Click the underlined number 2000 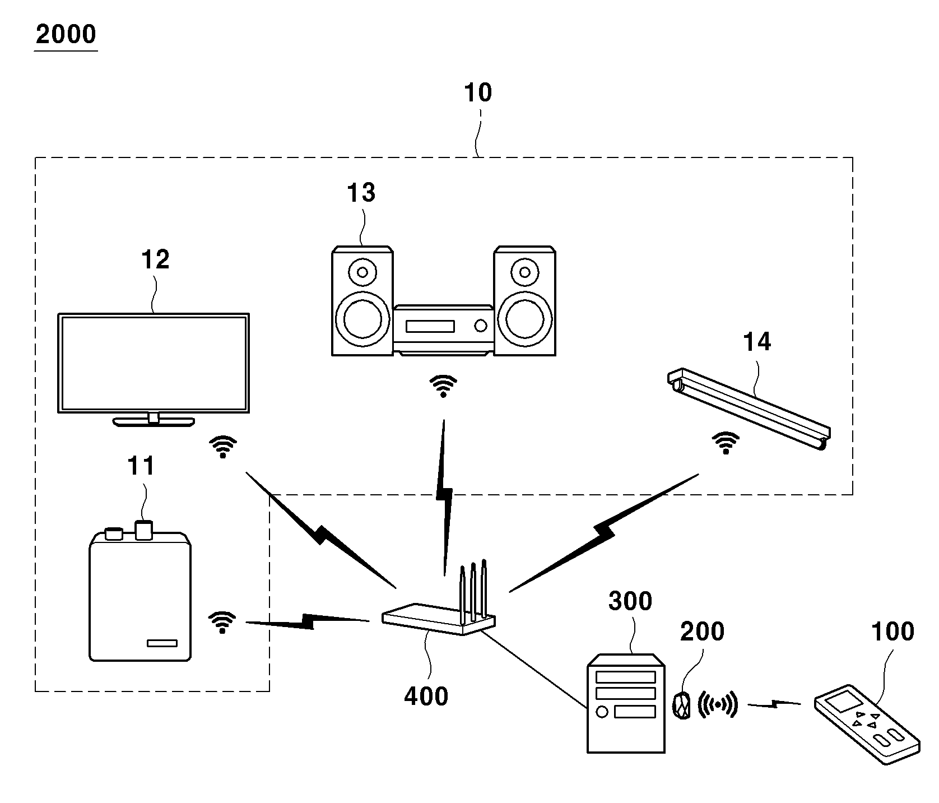coord(66,35)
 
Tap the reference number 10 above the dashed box coord(478,93)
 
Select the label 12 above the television coord(155,260)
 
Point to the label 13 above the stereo coord(361,193)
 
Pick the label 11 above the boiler coord(141,466)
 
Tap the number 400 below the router coord(426,697)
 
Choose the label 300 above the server coord(630,601)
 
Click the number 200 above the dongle coord(702,632)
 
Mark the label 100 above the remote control coord(892,632)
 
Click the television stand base coord(154,421)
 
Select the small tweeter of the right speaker coord(525,272)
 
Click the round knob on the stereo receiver coord(480,325)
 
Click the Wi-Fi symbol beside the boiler coord(222,622)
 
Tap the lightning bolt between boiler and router coord(308,621)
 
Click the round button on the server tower coord(602,712)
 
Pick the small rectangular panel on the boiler coord(162,643)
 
